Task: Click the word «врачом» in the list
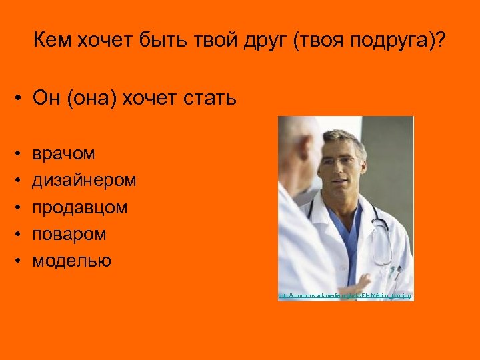[64, 154]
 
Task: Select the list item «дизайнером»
[85, 181]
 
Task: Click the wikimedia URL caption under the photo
[345, 295]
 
